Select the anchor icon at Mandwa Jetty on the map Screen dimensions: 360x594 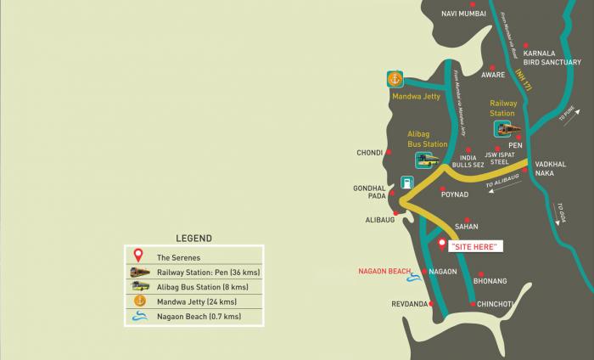(x=394, y=80)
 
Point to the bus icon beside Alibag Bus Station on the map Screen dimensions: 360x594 (x=427, y=160)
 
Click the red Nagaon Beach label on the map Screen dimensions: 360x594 (x=385, y=272)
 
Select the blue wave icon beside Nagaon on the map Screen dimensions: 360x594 (x=413, y=276)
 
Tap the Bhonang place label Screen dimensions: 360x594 (x=490, y=280)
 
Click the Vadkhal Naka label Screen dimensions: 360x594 (x=551, y=168)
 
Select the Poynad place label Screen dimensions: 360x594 (x=454, y=194)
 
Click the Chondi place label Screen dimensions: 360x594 (x=370, y=154)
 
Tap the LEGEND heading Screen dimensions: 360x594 (x=193, y=239)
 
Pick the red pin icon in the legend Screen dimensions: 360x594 (x=138, y=256)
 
